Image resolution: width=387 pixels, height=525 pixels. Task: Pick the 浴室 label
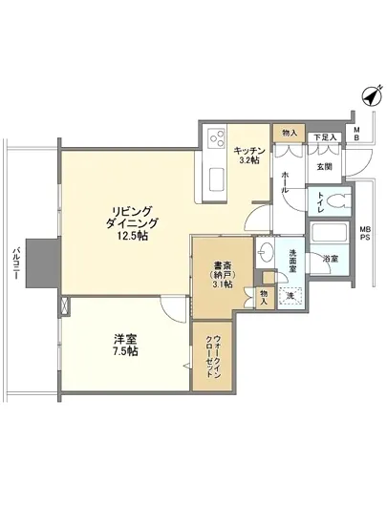pos(329,259)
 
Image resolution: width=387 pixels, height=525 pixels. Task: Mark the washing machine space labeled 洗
pos(290,296)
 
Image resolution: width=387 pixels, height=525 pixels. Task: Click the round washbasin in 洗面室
pos(267,251)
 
